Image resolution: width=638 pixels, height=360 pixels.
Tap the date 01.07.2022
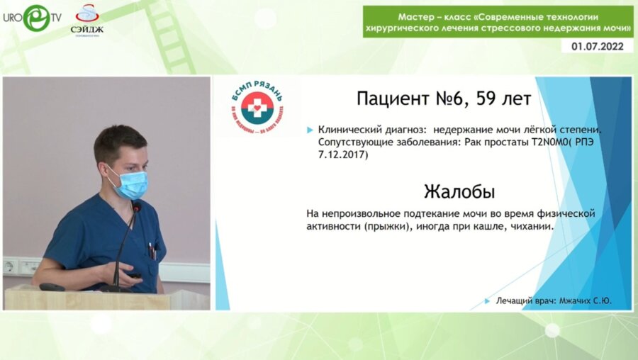pyautogui.click(x=598, y=47)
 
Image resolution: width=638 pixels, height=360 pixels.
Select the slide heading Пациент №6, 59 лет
pyautogui.click(x=444, y=99)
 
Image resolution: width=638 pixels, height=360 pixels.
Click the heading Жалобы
pyautogui.click(x=459, y=191)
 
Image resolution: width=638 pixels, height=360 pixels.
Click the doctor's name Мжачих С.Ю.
pyautogui.click(x=585, y=301)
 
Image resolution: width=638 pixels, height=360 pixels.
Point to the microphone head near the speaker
pyautogui.click(x=135, y=207)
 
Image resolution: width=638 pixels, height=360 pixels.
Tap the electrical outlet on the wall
pyautogui.click(x=10, y=266)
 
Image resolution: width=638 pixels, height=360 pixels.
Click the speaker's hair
pyautogui.click(x=119, y=139)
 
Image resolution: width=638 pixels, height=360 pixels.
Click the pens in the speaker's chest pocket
pyautogui.click(x=151, y=251)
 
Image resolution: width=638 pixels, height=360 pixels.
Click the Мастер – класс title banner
pyautogui.click(x=498, y=21)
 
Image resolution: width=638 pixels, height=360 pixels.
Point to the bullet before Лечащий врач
pyautogui.click(x=487, y=301)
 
